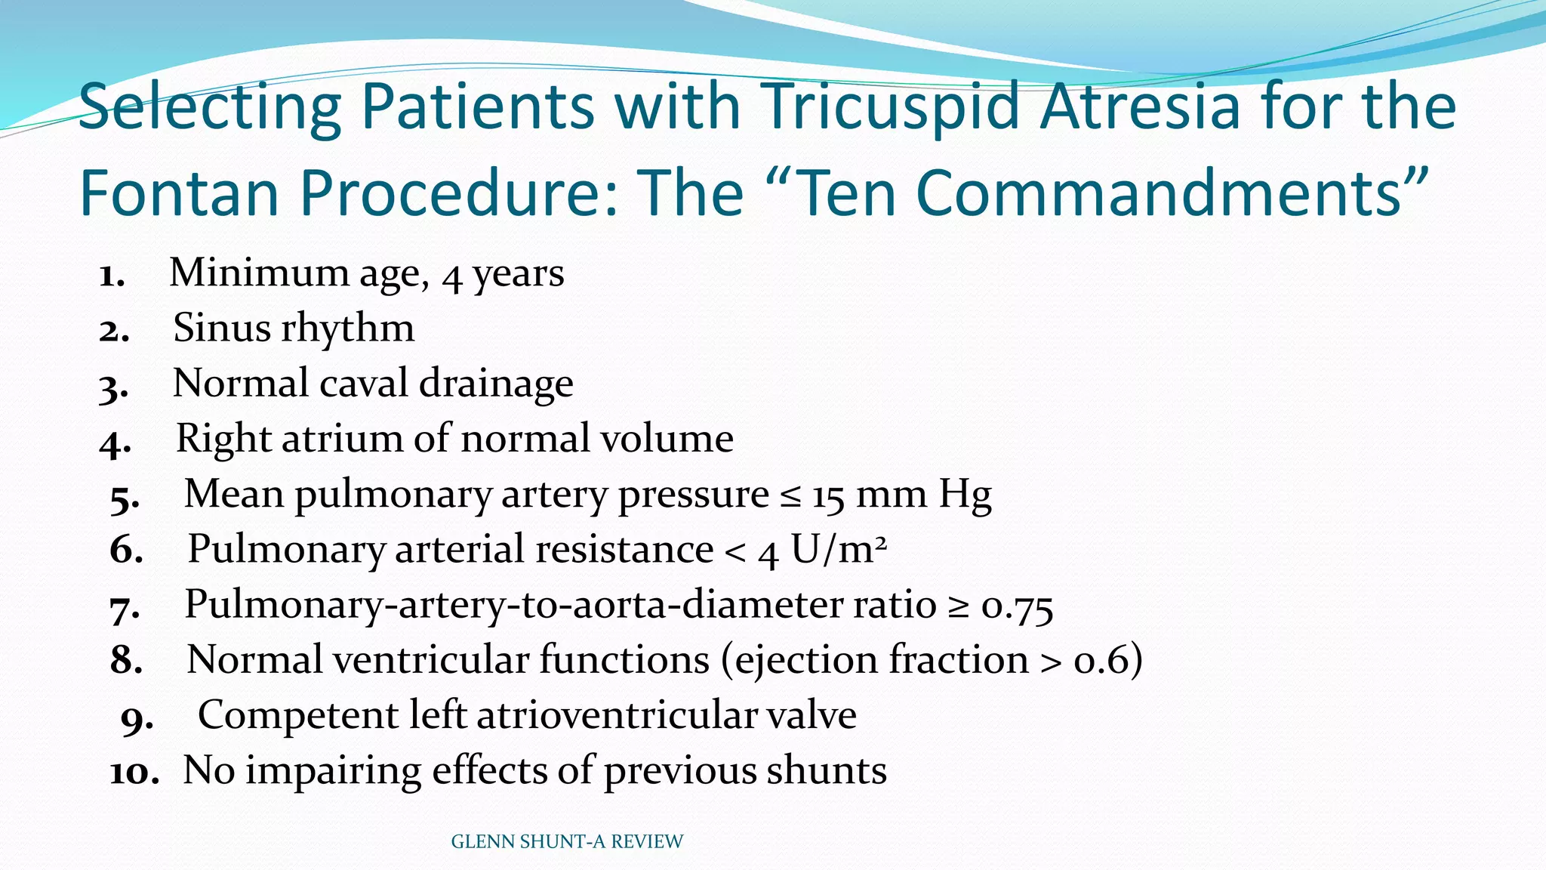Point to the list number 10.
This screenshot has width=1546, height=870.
tap(134, 773)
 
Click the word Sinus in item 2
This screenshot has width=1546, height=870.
tap(220, 329)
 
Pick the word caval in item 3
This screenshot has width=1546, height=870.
tap(363, 384)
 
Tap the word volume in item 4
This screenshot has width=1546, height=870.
tap(664, 439)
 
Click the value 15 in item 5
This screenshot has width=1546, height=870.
tap(827, 496)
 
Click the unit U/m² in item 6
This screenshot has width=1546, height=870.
tap(838, 551)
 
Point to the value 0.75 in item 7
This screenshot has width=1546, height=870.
tap(1017, 606)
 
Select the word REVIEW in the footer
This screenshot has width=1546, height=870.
tap(647, 842)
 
